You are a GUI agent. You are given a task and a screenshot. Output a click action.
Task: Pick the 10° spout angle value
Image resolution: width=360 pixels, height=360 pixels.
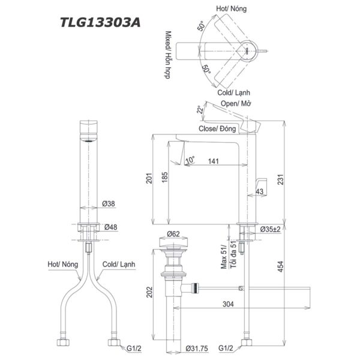tap(190, 160)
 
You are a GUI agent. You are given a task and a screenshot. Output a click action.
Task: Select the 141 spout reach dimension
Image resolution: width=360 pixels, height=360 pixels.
tap(213, 160)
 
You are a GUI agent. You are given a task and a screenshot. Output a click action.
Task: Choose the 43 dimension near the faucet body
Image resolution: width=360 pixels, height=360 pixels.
tap(259, 191)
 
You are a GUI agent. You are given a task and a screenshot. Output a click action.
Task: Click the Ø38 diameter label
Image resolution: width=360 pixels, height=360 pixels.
tap(109, 204)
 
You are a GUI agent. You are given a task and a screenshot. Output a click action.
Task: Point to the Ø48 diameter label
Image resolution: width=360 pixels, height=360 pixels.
tap(109, 227)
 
